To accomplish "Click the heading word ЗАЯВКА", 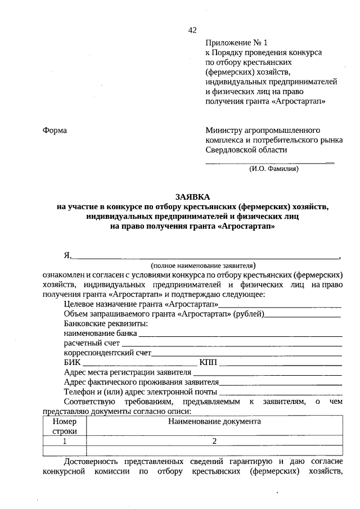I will (x=192, y=197).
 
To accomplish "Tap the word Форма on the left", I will (x=55, y=130).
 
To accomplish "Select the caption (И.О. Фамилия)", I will (x=273, y=168).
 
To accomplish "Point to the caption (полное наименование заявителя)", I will (x=203, y=264).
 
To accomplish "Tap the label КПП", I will (x=208, y=362).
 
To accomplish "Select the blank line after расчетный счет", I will (x=232, y=344).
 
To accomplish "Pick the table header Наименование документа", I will (x=214, y=421).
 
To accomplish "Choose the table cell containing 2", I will (x=214, y=441).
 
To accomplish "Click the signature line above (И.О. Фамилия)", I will (x=270, y=162).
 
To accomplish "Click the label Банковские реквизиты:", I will (x=98, y=324).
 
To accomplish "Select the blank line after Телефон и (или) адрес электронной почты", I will (x=281, y=391).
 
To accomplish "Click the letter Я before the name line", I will (x=67, y=255).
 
